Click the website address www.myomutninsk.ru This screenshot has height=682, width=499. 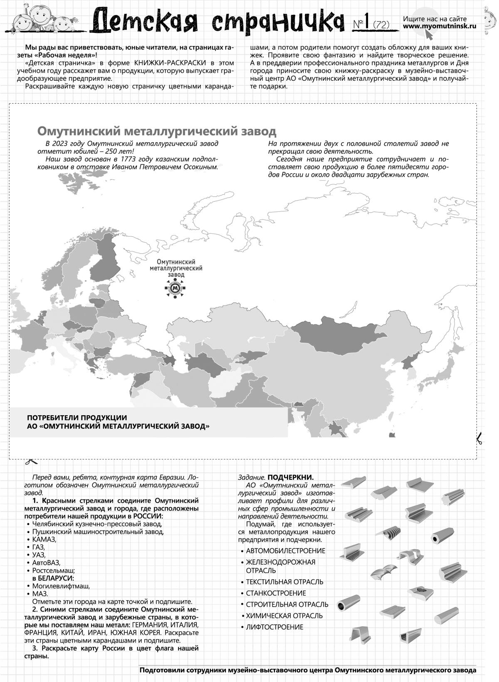click(440, 26)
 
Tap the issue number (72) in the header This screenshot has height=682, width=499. click(381, 25)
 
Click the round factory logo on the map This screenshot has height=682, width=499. click(176, 288)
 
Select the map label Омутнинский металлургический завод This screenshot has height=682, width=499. click(176, 268)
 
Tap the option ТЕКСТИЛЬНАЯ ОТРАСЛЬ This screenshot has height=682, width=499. click(284, 582)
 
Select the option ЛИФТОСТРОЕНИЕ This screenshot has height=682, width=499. click(274, 627)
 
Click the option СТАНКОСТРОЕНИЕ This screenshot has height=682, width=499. click(276, 593)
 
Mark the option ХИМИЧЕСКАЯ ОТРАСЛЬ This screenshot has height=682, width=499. click(284, 615)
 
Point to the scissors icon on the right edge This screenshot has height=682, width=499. click(479, 439)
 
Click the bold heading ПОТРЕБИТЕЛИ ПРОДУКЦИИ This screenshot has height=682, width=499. click(77, 418)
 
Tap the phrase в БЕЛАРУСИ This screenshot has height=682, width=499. click(53, 578)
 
